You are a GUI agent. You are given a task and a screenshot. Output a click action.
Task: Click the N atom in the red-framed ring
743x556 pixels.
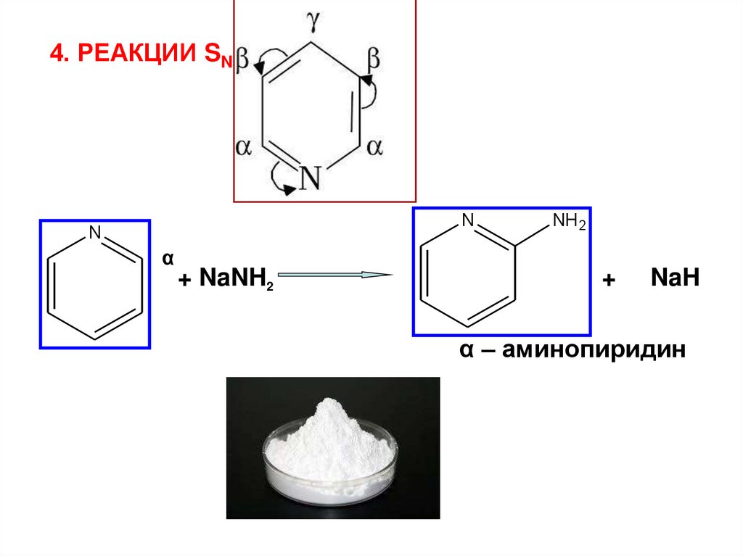point(310,177)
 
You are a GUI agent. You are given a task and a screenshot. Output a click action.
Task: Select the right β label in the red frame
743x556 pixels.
point(374,57)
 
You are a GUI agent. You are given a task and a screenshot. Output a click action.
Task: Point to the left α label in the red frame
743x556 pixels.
point(244,147)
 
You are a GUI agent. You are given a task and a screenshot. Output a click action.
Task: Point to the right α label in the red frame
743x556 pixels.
point(374,147)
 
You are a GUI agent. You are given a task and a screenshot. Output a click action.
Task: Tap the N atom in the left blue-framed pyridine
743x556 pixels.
point(94,232)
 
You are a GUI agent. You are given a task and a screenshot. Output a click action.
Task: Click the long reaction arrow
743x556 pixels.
point(334,275)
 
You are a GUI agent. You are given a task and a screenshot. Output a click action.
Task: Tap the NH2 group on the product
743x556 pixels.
point(569,223)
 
